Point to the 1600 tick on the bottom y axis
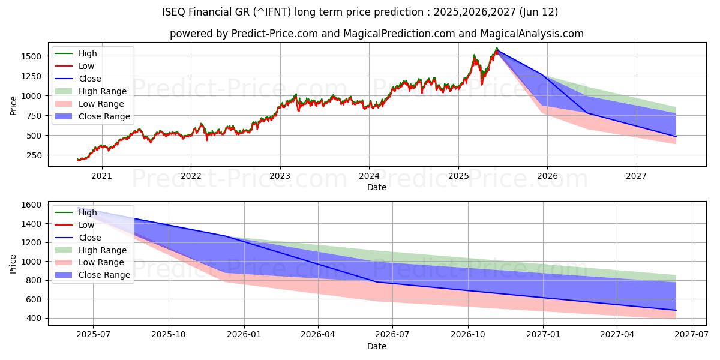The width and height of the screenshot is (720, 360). click(31, 205)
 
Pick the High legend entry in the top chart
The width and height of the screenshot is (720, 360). click(88, 53)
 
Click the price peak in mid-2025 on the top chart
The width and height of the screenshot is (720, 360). click(496, 48)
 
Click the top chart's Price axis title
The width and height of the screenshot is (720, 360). click(14, 105)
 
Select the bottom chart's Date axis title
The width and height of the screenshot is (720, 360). click(377, 346)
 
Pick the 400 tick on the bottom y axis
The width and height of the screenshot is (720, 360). click(34, 318)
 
